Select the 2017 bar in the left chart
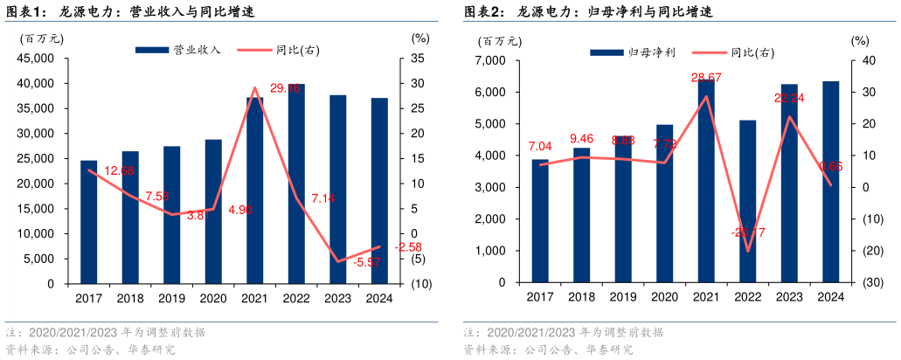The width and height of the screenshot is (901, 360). [88, 222]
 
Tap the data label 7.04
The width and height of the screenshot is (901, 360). [541, 146]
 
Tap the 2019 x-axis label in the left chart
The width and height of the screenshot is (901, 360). [172, 299]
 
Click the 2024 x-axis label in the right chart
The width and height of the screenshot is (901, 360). [830, 297]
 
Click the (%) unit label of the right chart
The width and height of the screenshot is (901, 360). [860, 40]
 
